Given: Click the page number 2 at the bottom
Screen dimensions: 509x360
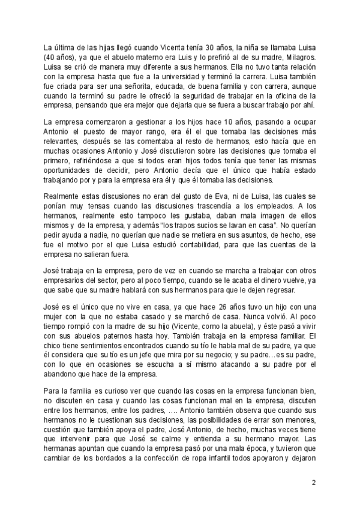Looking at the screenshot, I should pyautogui.click(x=313, y=483).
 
